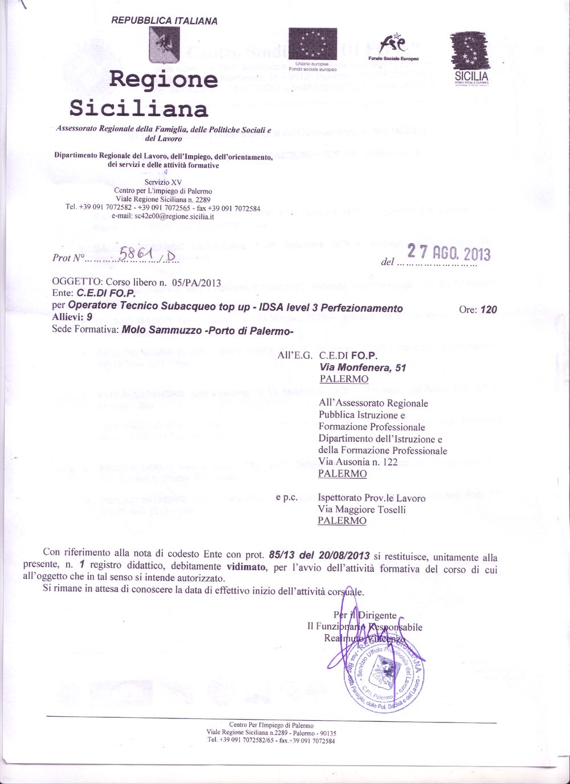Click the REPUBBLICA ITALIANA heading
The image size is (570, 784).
coord(164,21)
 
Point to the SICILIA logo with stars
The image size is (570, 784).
coord(470,57)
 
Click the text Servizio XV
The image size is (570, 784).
coord(163,182)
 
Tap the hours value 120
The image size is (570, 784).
coord(488,310)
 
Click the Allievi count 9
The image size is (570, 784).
coord(89,318)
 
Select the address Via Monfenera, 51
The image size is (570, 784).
coord(363,368)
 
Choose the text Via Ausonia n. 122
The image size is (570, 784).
coord(358,462)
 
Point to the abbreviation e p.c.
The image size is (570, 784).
coord(287,498)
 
